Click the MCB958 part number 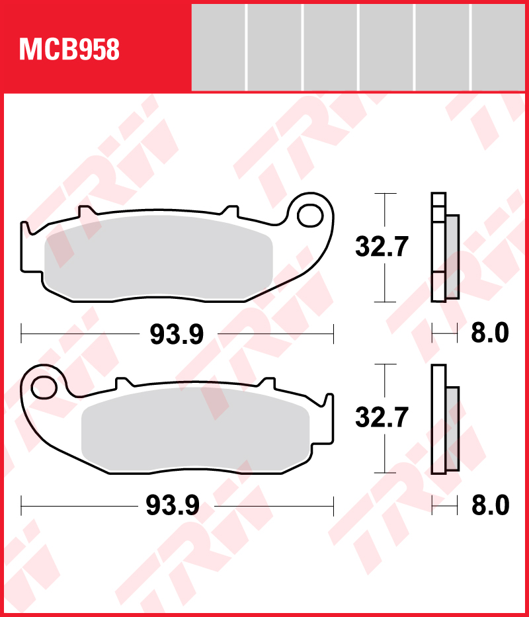click(x=69, y=49)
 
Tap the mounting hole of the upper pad click(x=308, y=215)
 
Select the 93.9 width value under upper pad click(x=177, y=335)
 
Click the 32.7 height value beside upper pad click(x=382, y=247)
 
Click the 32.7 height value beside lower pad click(x=382, y=418)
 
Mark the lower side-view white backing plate click(x=438, y=419)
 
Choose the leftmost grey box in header click(x=218, y=47)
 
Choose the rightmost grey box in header click(x=499, y=47)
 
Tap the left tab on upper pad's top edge click(x=85, y=212)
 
